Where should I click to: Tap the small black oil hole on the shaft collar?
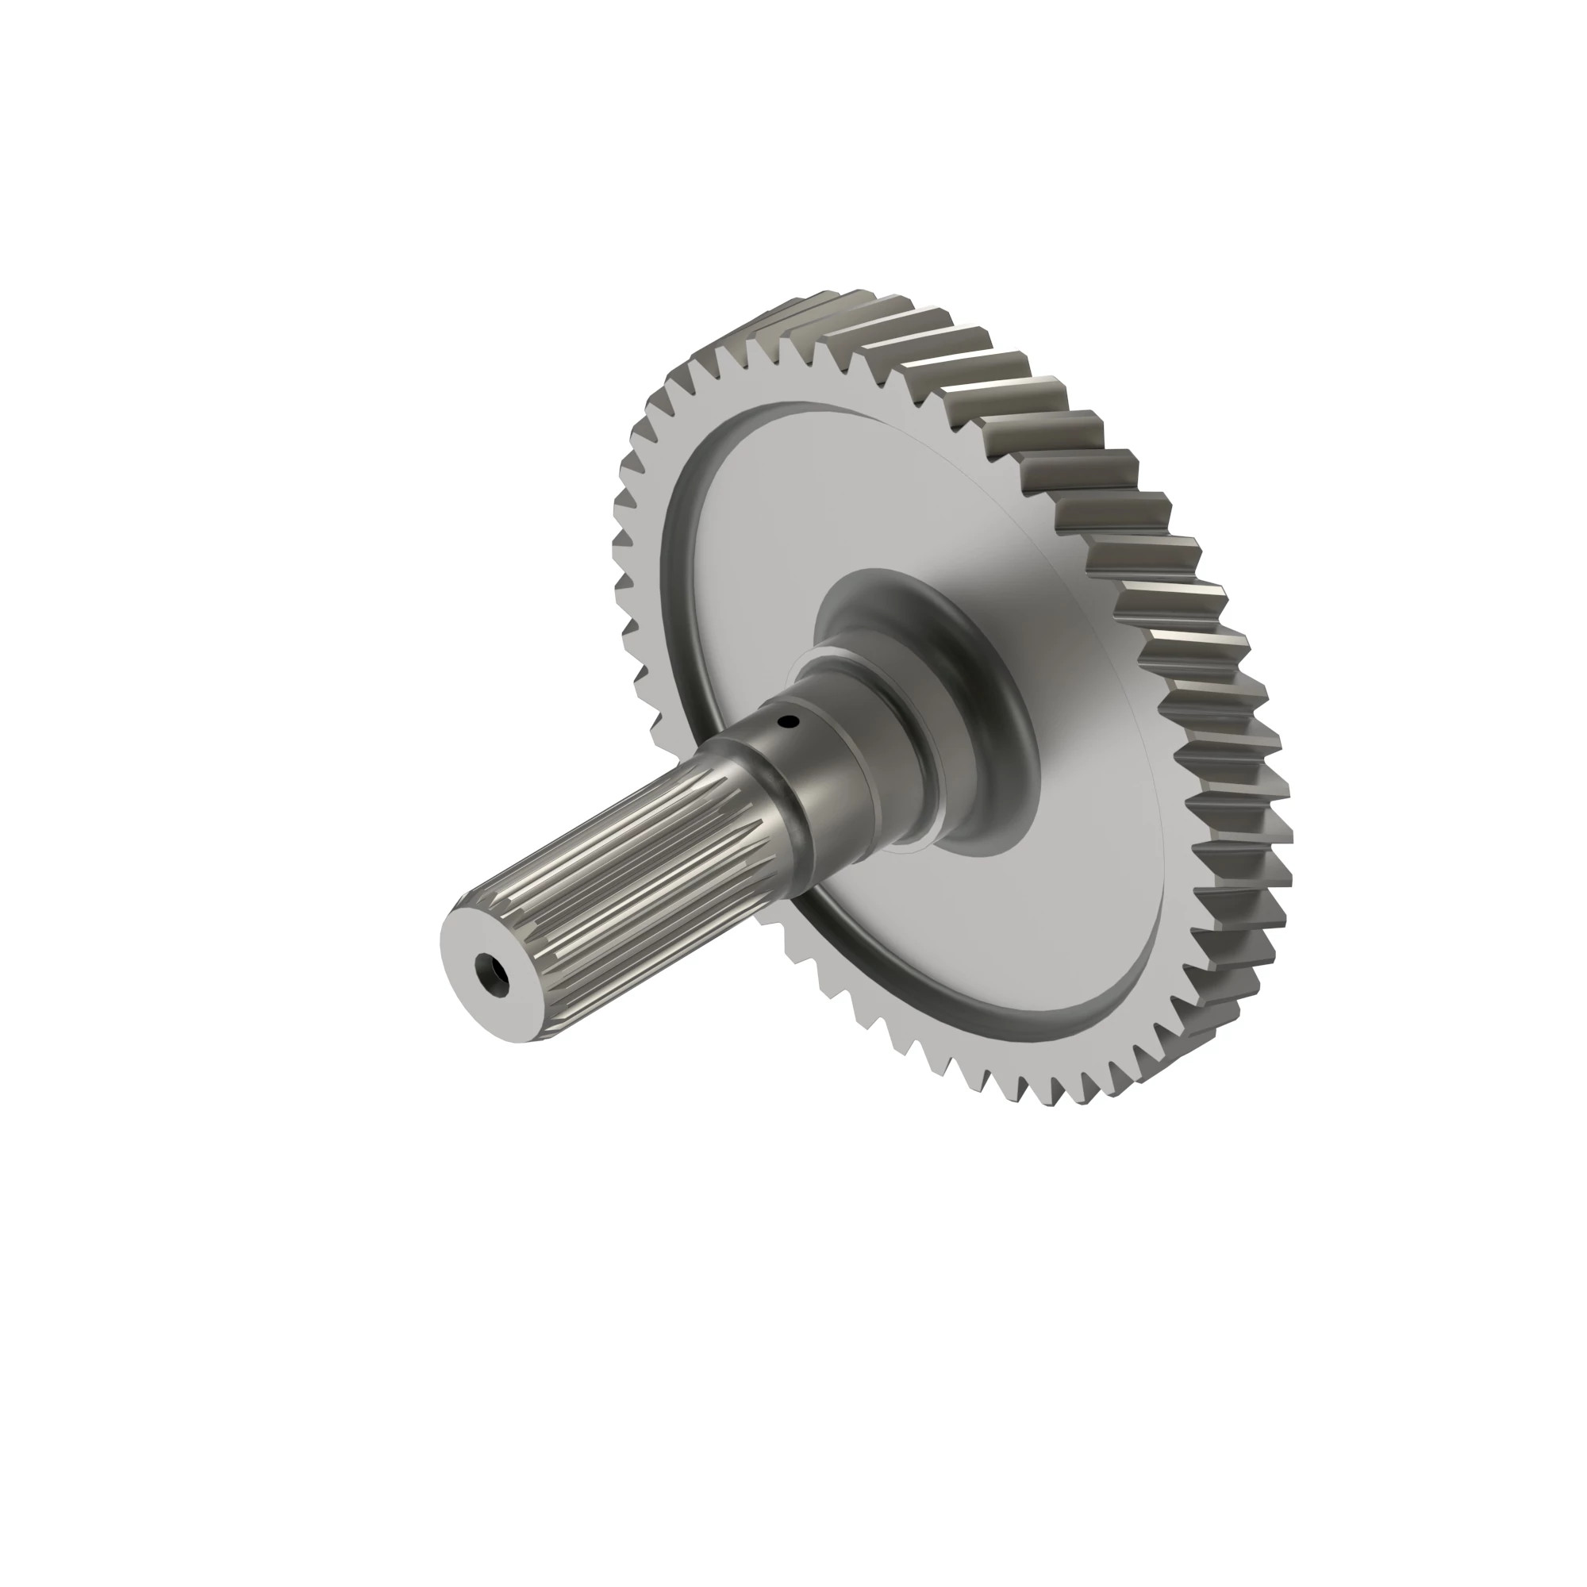789,722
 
